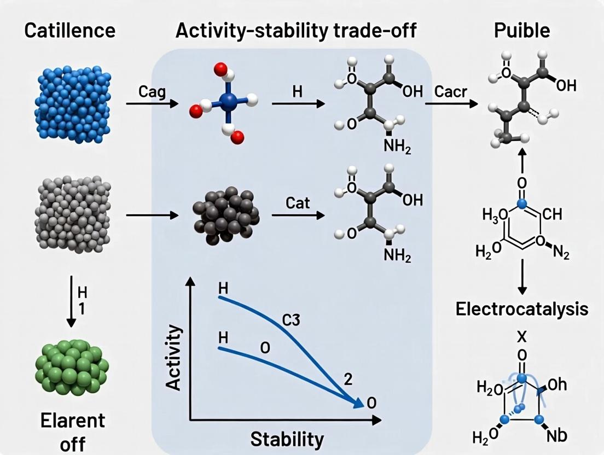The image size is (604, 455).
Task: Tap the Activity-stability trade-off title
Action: click(295, 30)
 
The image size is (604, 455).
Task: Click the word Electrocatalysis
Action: click(521, 309)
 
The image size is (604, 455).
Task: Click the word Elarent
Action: click(72, 421)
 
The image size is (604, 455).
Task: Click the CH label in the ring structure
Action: click(553, 214)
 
